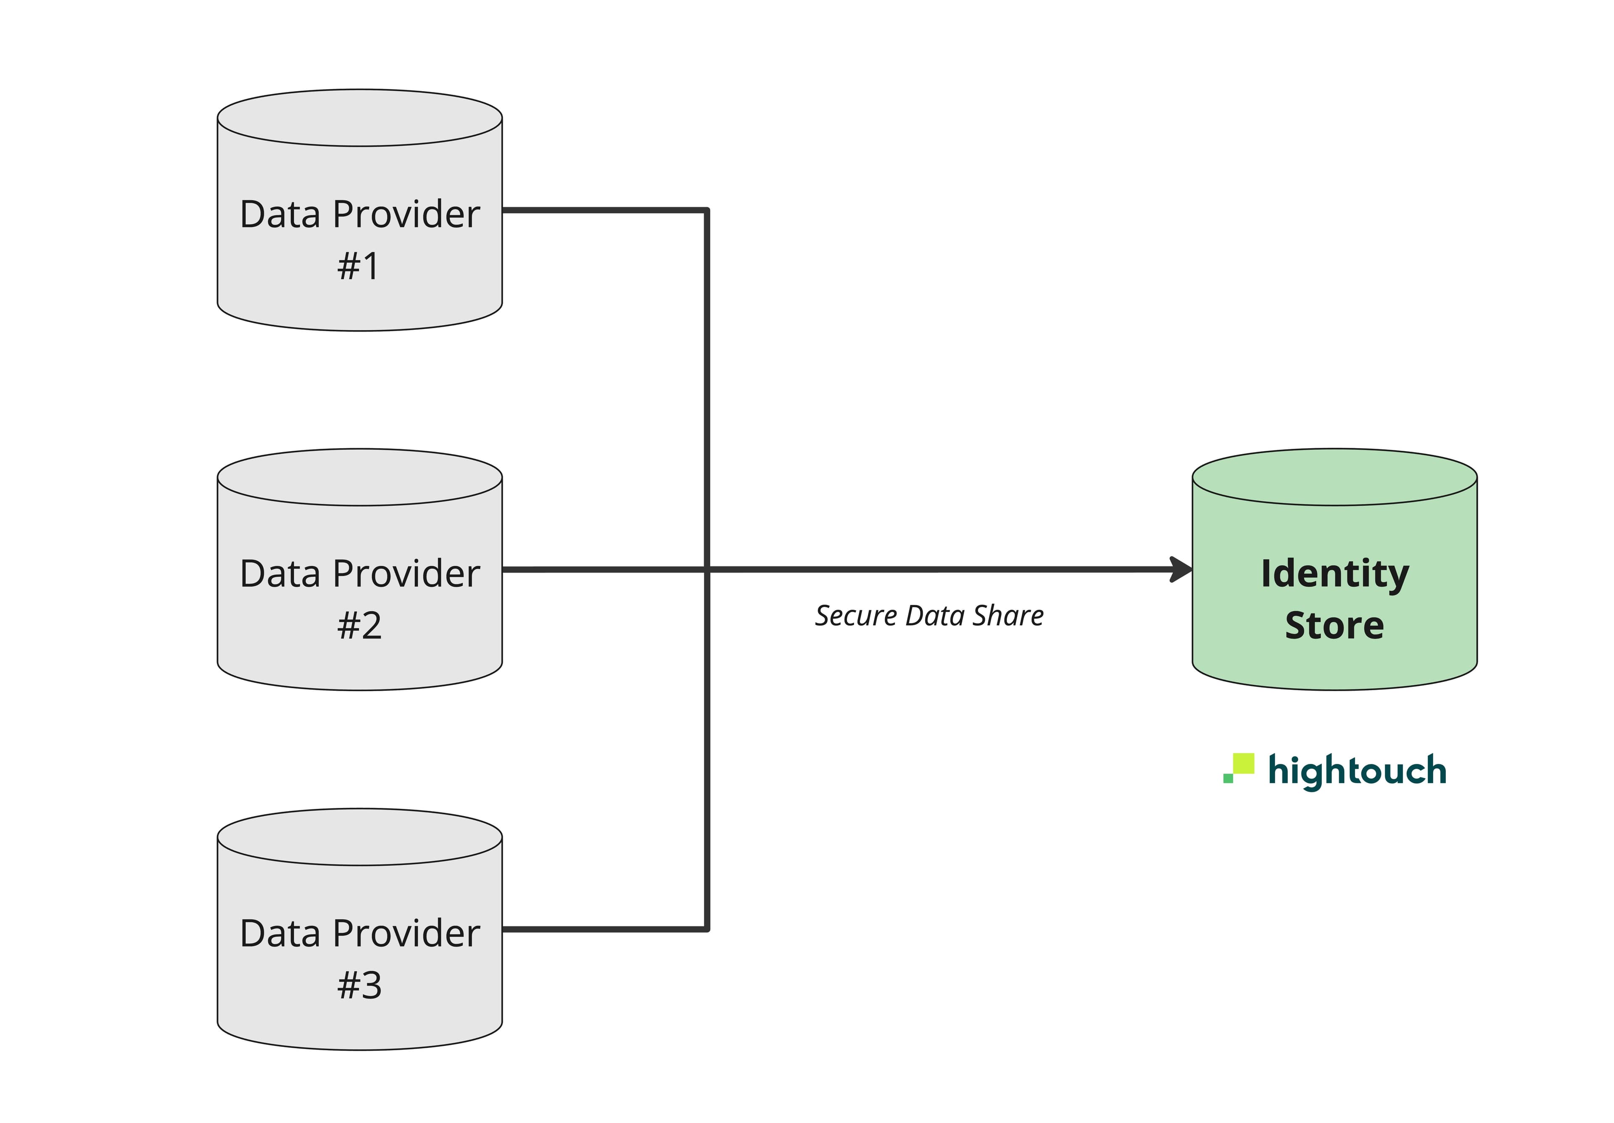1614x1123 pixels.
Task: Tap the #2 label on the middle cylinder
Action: coord(359,626)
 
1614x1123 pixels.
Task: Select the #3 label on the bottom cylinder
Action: coord(359,985)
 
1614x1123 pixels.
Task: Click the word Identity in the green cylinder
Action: coord(1334,574)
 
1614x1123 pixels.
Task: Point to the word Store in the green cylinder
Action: coord(1334,626)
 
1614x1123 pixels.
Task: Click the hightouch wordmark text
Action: coord(1357,771)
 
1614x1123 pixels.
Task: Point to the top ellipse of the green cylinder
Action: coord(1334,477)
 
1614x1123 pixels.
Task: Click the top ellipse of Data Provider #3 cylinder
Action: coord(359,837)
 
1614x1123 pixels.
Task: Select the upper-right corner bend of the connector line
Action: coord(707,210)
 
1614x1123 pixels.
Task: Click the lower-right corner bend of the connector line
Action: coord(707,929)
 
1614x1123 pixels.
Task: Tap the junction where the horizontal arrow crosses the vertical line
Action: coord(707,569)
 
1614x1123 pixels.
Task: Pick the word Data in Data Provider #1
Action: coord(280,214)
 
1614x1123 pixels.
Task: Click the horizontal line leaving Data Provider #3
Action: coord(604,929)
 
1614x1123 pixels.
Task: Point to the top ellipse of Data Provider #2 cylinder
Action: coord(359,477)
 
